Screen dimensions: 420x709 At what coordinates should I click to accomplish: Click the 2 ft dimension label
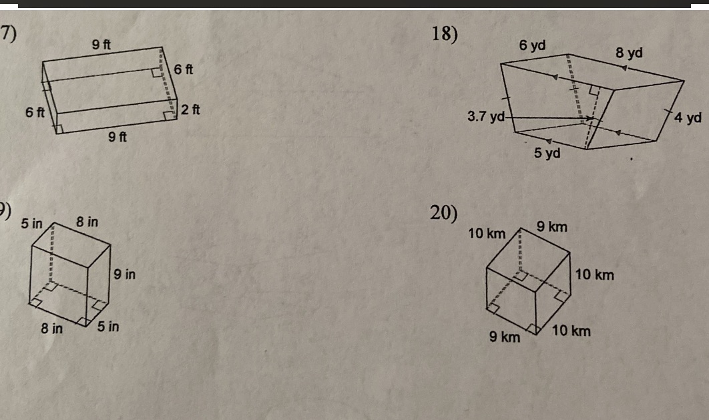coord(191,110)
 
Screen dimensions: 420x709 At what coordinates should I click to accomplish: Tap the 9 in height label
coord(125,274)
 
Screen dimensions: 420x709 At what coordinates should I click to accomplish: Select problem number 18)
coord(444,33)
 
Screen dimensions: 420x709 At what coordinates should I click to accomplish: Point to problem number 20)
coord(444,212)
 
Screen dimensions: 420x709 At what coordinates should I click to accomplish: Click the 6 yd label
coord(532,45)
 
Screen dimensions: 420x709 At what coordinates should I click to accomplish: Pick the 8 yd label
coord(629,52)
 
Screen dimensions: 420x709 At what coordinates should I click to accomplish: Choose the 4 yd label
coord(688,118)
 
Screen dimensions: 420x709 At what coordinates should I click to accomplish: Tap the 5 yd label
coord(547,154)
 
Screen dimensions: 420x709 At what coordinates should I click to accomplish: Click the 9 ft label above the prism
coord(101,45)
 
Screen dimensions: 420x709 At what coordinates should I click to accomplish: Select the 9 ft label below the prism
coord(118,138)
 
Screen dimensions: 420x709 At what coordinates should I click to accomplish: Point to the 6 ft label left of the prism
coord(35,112)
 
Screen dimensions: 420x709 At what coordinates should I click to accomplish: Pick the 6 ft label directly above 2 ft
coord(184,69)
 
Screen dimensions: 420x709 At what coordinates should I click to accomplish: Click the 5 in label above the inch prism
coord(31,222)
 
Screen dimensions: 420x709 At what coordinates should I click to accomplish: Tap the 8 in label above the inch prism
coord(87,221)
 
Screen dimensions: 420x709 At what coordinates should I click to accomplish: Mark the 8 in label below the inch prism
coord(52,328)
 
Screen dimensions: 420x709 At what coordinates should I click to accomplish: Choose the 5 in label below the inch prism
coord(108,327)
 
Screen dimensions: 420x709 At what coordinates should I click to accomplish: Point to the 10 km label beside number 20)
coord(487,233)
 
